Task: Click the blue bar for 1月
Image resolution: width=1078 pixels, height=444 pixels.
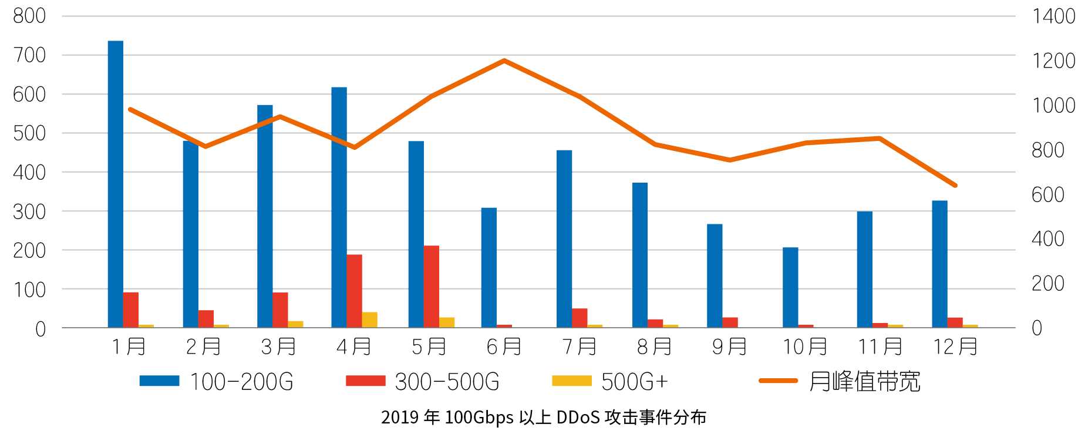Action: click(115, 184)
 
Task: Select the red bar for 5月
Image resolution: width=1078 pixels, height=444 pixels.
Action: click(432, 286)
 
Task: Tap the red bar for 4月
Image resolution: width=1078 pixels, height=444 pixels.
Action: click(354, 291)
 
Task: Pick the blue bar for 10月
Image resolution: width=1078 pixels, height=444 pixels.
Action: click(790, 287)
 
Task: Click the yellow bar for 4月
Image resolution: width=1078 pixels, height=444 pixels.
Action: click(370, 319)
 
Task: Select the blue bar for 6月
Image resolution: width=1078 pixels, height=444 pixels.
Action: click(489, 267)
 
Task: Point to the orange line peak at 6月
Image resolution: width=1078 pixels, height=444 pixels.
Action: click(504, 60)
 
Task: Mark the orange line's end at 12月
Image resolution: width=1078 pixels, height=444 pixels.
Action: click(955, 185)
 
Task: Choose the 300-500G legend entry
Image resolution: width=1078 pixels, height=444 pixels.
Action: click(423, 382)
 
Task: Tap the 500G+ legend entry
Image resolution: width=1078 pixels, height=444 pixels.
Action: click(611, 382)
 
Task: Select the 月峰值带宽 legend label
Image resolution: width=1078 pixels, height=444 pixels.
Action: click(864, 382)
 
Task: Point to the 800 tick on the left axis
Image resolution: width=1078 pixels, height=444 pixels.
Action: click(29, 16)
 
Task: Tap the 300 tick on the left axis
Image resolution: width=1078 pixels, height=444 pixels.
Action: click(29, 211)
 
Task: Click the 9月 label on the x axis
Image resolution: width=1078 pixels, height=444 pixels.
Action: click(729, 347)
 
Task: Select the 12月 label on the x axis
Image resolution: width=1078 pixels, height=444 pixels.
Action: click(955, 347)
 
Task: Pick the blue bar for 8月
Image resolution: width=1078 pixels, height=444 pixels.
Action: click(640, 255)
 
